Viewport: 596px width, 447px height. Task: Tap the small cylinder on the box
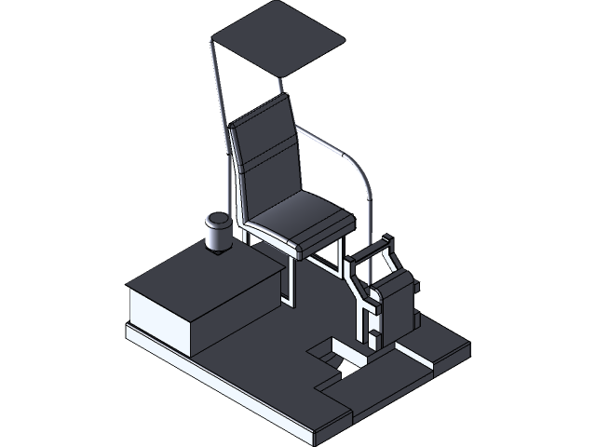pyautogui.click(x=218, y=236)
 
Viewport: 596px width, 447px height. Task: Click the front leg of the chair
pyautogui.click(x=290, y=279)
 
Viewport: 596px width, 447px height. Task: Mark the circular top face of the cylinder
pyautogui.click(x=218, y=220)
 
